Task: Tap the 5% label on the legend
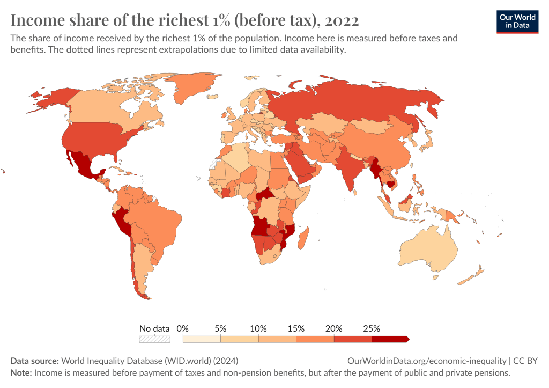220,328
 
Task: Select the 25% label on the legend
372,328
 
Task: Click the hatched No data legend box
154,339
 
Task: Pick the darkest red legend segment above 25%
390,339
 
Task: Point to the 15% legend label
296,328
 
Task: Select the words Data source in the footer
35,361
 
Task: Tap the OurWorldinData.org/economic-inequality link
427,361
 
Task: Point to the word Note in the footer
21,372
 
